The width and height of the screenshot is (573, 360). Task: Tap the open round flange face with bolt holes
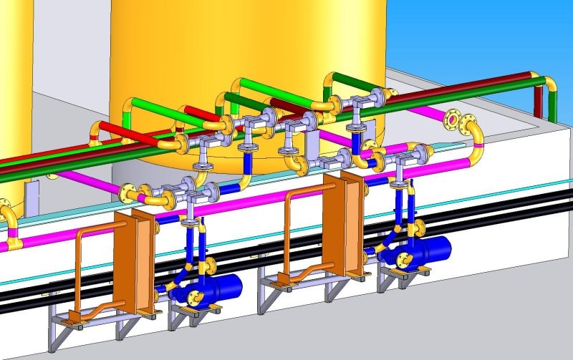click(x=454, y=118)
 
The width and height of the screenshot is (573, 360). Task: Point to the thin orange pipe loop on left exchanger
click(x=79, y=265)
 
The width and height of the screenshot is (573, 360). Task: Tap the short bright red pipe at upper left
click(x=118, y=132)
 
